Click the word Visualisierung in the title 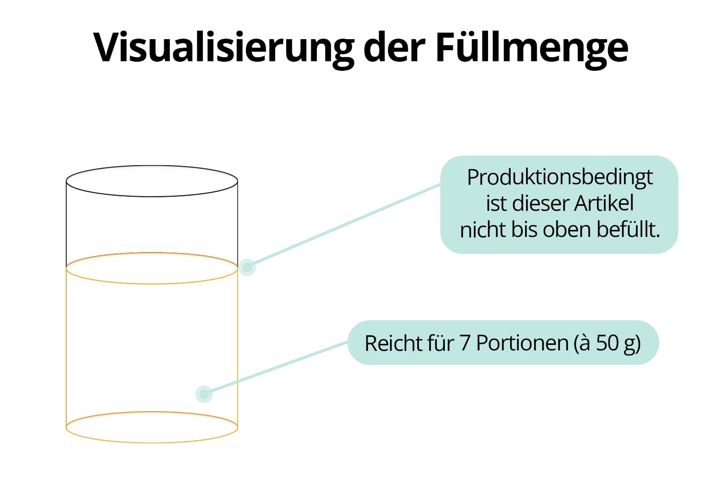pyautogui.click(x=223, y=48)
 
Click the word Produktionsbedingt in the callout pyautogui.click(x=559, y=177)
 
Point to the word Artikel pyautogui.click(x=604, y=203)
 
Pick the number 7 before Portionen pyautogui.click(x=464, y=343)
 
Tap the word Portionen pyautogui.click(x=522, y=343)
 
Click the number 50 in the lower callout pyautogui.click(x=607, y=343)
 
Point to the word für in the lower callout pyautogui.click(x=440, y=343)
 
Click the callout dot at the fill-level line pyautogui.click(x=247, y=267)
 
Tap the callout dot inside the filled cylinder pyautogui.click(x=204, y=394)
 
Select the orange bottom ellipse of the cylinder pyautogui.click(x=152, y=442)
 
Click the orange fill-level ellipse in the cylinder pyautogui.click(x=152, y=284)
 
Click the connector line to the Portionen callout pyautogui.click(x=276, y=368)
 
